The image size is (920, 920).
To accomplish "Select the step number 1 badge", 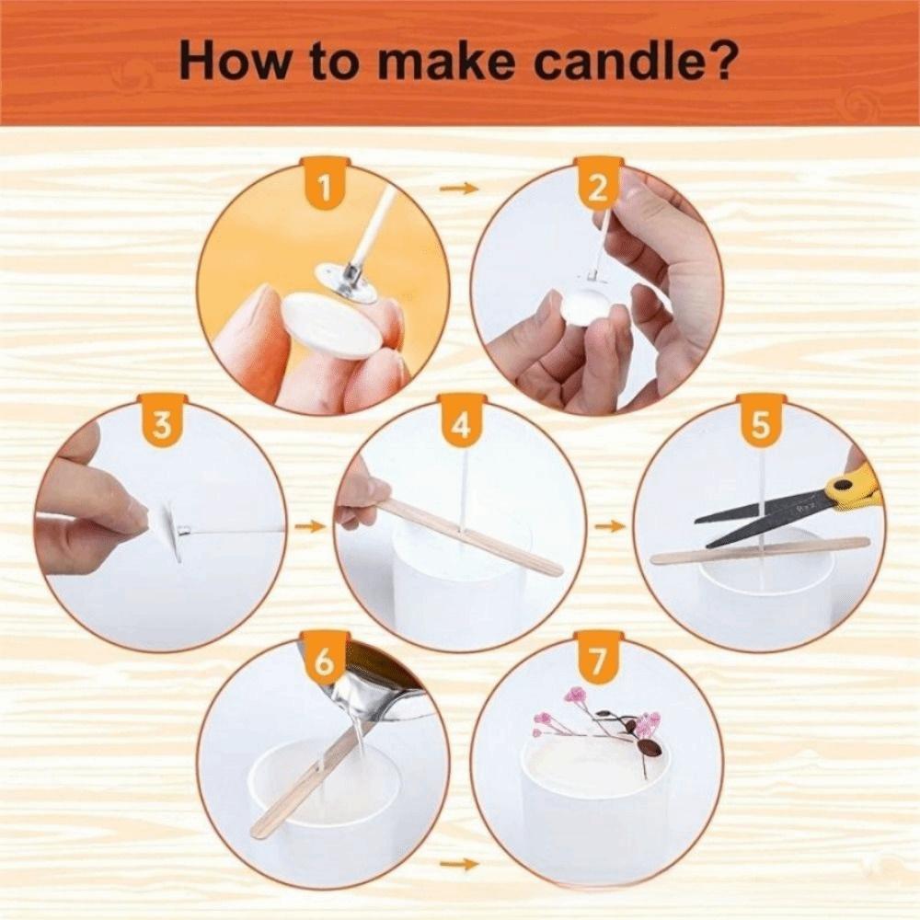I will click(x=324, y=188).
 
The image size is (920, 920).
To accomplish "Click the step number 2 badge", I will click(x=598, y=188).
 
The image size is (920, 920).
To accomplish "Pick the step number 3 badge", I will click(x=163, y=424).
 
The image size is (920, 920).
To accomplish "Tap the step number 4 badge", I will click(x=461, y=424).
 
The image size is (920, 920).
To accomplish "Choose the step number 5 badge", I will click(x=761, y=424).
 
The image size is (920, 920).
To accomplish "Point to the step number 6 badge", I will click(x=324, y=661).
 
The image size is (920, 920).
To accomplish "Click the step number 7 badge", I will click(x=599, y=661).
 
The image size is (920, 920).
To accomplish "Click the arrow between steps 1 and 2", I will click(x=459, y=189).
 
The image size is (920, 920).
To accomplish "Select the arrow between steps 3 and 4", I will click(x=313, y=526).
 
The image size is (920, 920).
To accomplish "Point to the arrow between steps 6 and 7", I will click(x=459, y=864).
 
